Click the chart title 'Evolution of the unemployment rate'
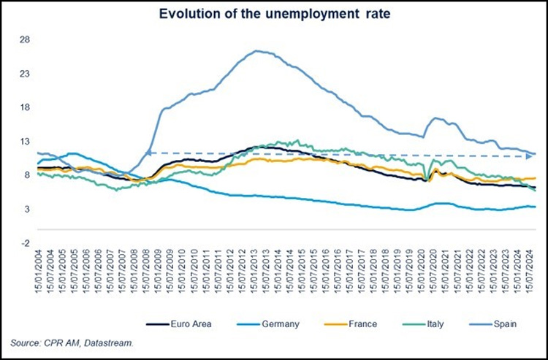[x=273, y=12]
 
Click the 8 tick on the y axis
[x=26, y=175]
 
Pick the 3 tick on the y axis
[x=26, y=209]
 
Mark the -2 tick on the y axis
[x=24, y=243]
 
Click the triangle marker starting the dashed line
[x=148, y=152]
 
